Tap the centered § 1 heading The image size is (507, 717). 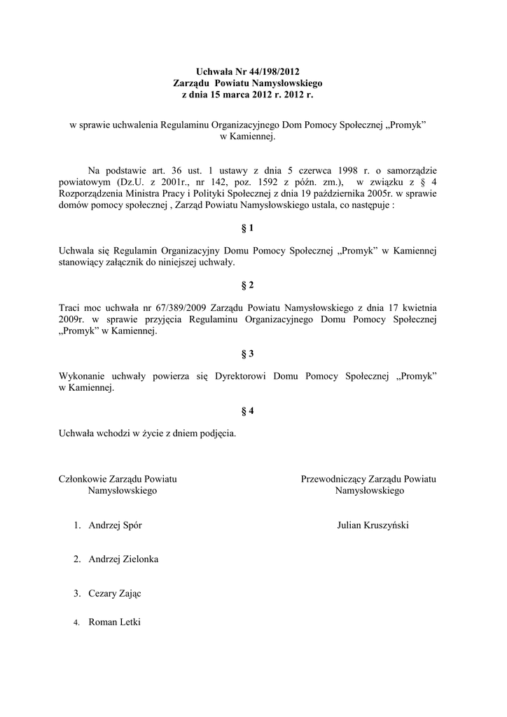click(248, 228)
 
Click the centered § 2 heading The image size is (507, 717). click(248, 285)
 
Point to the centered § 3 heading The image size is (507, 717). click(248, 354)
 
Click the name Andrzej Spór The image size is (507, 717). click(116, 525)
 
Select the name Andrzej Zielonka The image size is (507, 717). click(123, 559)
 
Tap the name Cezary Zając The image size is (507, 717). click(115, 594)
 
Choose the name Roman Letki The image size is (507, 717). click(115, 622)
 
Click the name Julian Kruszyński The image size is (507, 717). click(373, 525)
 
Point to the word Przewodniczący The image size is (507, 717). click(333, 479)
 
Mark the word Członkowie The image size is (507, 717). click(83, 479)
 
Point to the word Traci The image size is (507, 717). click(71, 307)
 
